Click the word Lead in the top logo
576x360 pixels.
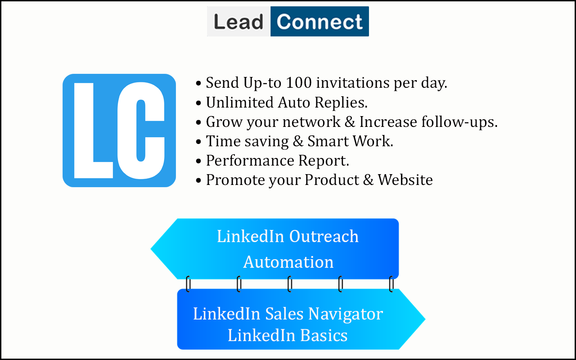(x=238, y=22)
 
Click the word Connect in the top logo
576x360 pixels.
(x=319, y=22)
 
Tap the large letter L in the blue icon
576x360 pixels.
(x=93, y=130)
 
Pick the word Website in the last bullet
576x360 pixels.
(x=405, y=180)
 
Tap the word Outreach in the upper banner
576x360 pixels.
(x=324, y=237)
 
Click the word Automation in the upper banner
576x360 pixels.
(x=288, y=262)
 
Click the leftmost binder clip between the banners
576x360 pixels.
(x=188, y=284)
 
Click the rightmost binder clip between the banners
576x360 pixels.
(x=391, y=284)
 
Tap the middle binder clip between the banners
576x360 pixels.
(x=290, y=284)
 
